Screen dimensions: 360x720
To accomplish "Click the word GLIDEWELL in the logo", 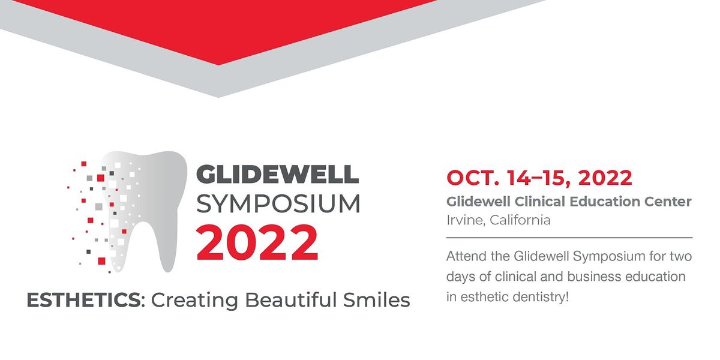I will (278, 173).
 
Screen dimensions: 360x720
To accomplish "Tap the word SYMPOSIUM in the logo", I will (278, 204).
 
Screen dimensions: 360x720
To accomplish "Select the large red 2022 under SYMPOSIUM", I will (257, 242).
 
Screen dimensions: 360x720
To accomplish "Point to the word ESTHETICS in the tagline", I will (82, 299).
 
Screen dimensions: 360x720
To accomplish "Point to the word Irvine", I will (465, 220).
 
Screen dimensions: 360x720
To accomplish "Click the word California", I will (520, 220).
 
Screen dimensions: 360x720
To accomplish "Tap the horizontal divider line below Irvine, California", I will (569, 238).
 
